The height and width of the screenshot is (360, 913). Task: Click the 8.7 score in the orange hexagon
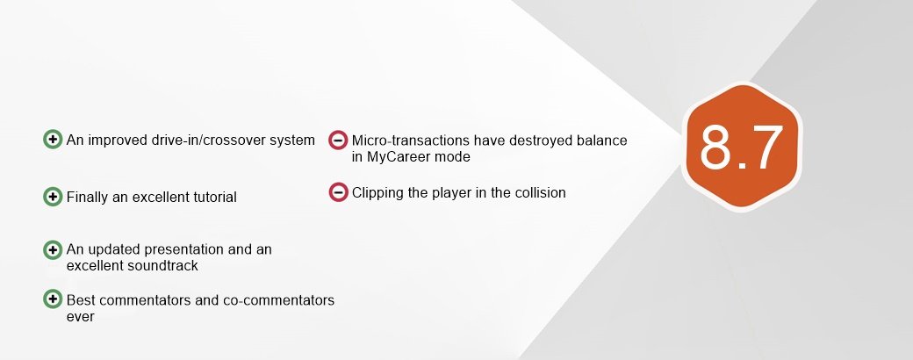(x=741, y=147)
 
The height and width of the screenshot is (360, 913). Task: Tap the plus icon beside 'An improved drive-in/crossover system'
(x=53, y=140)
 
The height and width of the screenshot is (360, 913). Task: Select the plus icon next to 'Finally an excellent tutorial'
(x=53, y=197)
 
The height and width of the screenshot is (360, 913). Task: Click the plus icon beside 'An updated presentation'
(x=53, y=250)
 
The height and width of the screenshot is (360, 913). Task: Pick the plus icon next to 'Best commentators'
(x=53, y=299)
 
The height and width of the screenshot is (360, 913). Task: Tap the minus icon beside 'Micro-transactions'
(x=338, y=140)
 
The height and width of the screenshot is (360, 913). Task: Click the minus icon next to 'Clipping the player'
(x=338, y=191)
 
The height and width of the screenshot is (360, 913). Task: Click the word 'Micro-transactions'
(x=410, y=140)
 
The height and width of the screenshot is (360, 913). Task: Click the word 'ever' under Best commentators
(x=81, y=318)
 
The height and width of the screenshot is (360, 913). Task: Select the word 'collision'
(x=541, y=193)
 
